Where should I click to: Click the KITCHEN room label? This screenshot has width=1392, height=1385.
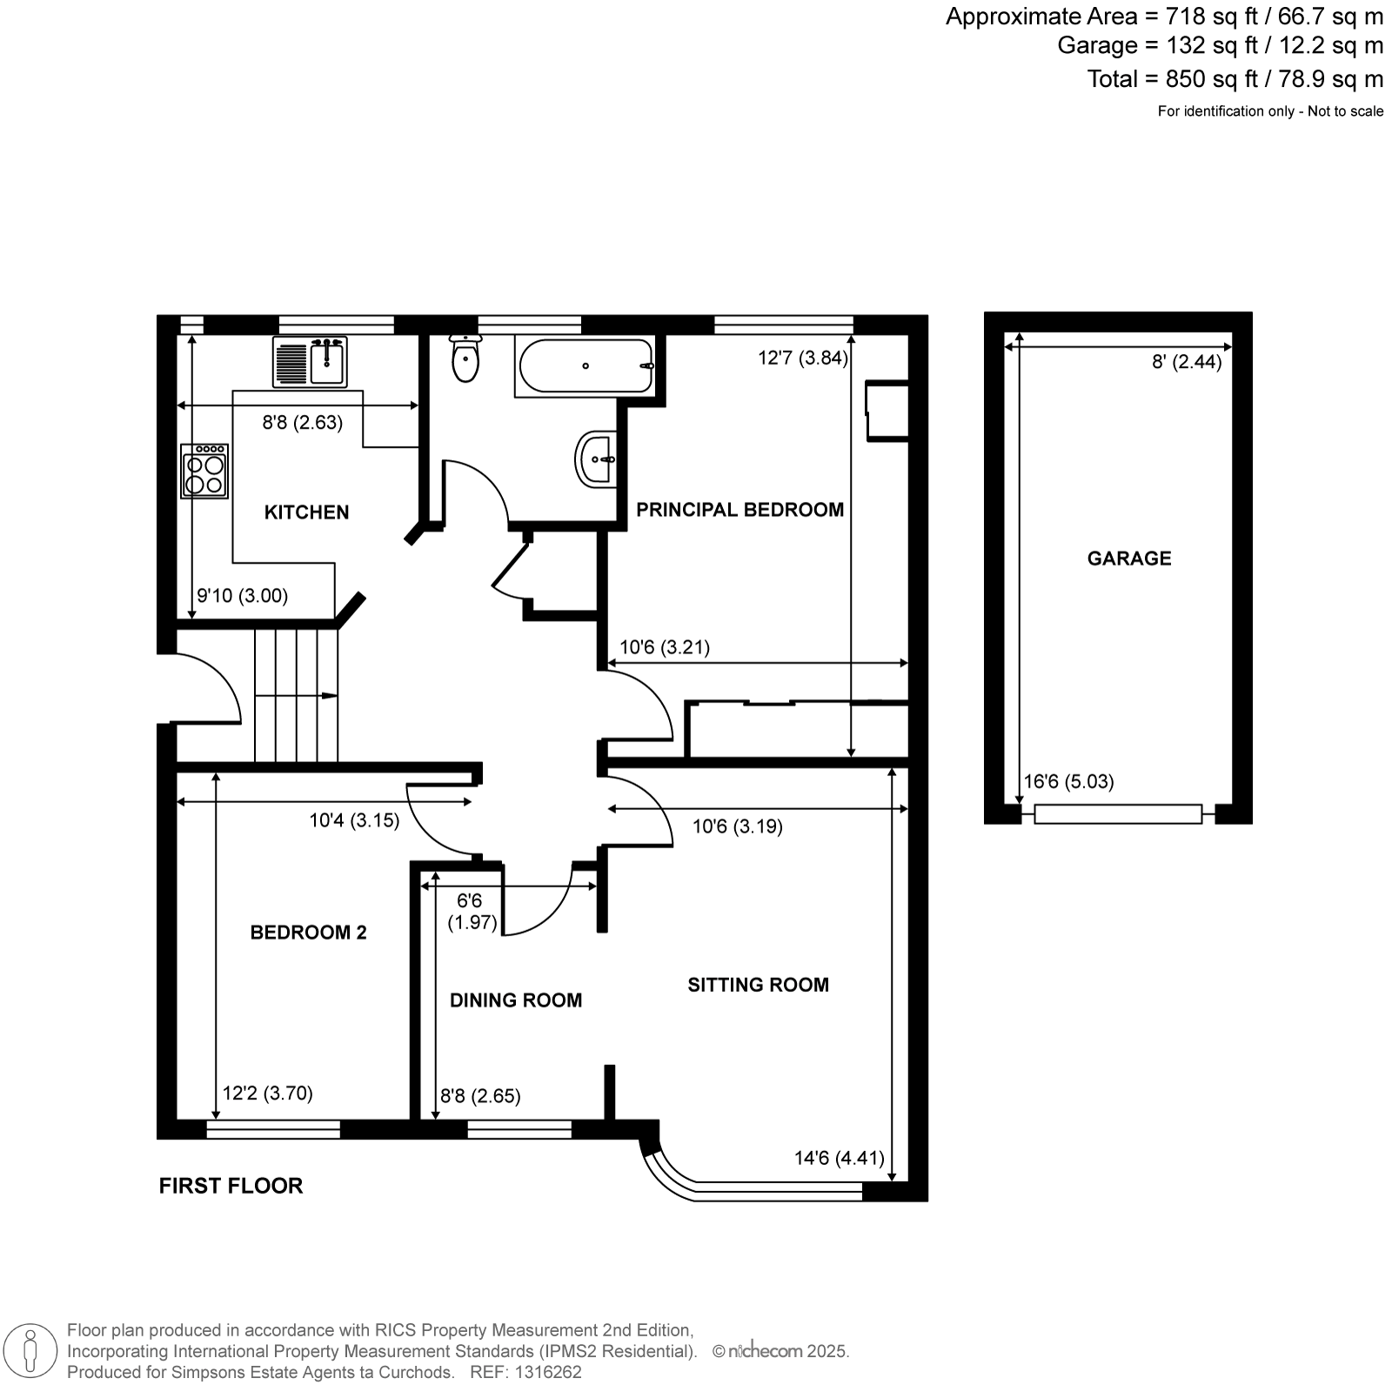tap(306, 512)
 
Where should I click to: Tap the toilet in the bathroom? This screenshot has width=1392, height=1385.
tap(465, 358)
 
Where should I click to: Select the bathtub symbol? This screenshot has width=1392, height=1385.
tap(585, 366)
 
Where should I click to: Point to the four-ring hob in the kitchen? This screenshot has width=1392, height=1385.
tap(204, 471)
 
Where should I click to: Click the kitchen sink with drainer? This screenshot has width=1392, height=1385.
tap(310, 361)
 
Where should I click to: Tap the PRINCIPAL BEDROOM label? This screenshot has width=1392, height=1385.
tap(739, 510)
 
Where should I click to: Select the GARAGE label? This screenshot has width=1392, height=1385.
tap(1129, 559)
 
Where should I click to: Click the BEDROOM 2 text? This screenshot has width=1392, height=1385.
tap(308, 933)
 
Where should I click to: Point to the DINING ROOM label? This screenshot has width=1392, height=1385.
tap(516, 1000)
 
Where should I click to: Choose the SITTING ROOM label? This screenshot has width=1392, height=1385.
tap(758, 985)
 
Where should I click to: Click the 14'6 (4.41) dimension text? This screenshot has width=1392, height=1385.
tap(840, 1158)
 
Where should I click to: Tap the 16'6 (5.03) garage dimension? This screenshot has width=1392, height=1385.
tap(1068, 781)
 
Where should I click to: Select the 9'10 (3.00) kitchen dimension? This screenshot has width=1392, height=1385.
tap(242, 596)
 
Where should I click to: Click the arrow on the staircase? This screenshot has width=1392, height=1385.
tap(296, 696)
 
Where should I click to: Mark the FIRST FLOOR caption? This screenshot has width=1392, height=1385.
tap(231, 1186)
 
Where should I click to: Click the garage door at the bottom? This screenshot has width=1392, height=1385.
tap(1118, 814)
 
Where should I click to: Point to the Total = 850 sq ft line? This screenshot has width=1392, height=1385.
tap(1235, 79)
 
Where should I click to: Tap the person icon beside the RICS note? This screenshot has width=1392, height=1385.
tap(31, 1351)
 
